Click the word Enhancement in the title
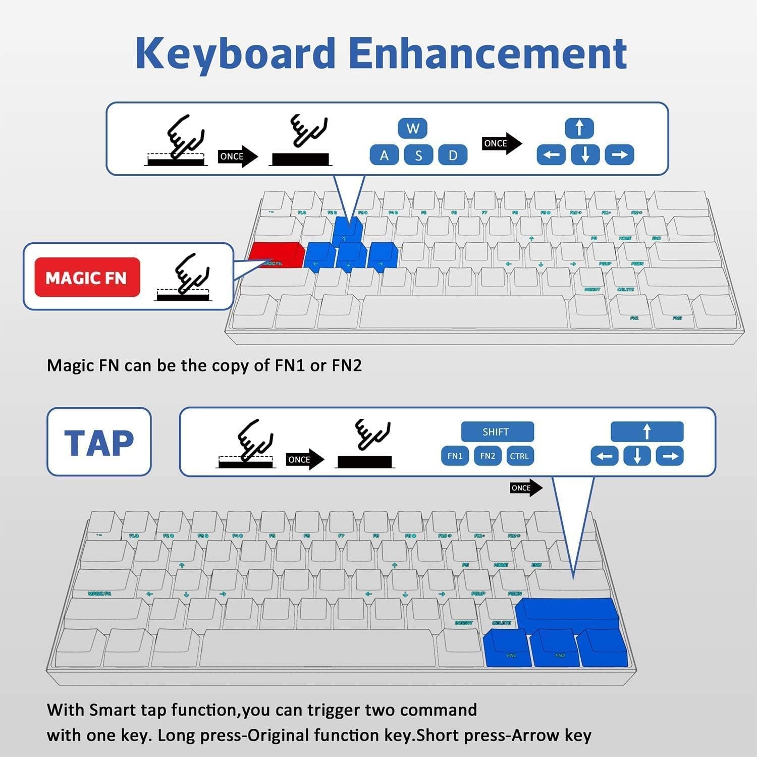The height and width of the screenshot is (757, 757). click(488, 53)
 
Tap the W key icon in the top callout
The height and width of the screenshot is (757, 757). click(413, 128)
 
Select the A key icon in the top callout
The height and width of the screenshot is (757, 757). click(384, 155)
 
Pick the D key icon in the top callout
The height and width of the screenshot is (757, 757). click(453, 155)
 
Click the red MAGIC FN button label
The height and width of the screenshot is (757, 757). click(87, 278)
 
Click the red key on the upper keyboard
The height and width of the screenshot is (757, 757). click(276, 255)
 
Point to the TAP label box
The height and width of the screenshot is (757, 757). click(99, 442)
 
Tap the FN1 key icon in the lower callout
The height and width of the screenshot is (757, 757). click(455, 456)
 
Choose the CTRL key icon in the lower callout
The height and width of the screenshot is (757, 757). click(519, 456)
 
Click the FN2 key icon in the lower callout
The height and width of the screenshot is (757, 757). click(488, 456)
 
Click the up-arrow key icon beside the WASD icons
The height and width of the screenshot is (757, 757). click(579, 128)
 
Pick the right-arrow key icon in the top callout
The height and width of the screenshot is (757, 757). click(619, 155)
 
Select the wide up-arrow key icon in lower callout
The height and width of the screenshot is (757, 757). click(647, 432)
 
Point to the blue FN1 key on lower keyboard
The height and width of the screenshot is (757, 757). click(507, 648)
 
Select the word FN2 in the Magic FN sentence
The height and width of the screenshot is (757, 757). click(347, 365)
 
